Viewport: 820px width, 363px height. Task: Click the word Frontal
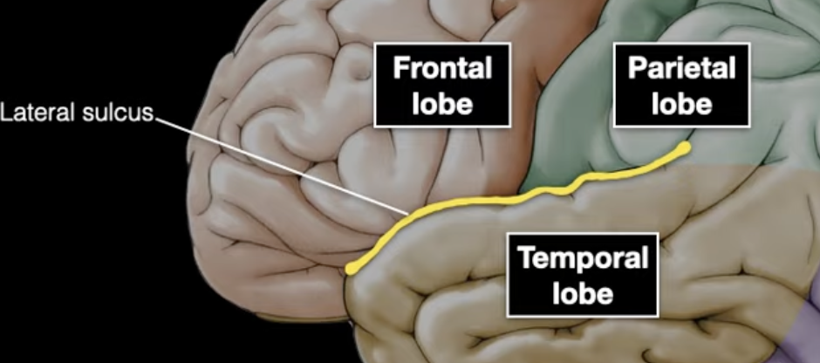441,69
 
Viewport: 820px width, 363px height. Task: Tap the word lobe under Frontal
441,103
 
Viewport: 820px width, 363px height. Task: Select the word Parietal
682,69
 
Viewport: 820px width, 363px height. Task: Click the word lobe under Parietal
682,103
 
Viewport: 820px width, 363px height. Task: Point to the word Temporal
583,259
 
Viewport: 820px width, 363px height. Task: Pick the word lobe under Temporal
583,293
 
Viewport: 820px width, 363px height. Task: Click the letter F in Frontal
399,69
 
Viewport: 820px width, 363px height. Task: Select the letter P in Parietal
637,69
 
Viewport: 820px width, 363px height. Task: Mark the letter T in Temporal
526,259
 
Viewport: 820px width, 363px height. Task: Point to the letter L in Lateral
7,113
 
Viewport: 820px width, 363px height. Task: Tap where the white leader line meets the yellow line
403,214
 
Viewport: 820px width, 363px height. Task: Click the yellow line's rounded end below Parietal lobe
687,147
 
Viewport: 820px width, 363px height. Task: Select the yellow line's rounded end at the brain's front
351,269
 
